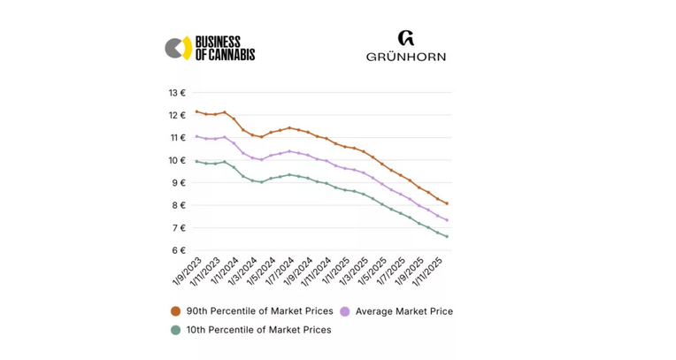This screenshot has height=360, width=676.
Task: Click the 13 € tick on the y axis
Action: coord(177,93)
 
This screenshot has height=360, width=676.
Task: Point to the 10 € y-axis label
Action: coord(177,160)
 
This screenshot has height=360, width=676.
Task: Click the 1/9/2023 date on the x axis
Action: coord(188,272)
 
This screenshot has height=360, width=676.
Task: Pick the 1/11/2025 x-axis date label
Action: coord(437,272)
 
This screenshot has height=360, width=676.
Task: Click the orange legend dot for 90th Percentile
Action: coord(175,311)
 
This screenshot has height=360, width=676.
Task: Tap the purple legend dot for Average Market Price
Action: coord(345,311)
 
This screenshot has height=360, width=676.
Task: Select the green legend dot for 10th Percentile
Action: coord(175,330)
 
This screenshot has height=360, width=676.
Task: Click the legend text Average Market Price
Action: coord(403,311)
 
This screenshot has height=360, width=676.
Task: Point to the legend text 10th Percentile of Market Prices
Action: coord(258,330)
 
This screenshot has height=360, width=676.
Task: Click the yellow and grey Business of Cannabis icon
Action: coord(178,48)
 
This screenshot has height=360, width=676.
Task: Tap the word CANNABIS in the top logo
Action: coord(231,55)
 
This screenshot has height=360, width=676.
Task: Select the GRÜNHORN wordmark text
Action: coord(406,57)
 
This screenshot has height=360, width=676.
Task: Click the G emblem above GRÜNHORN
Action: coord(406,38)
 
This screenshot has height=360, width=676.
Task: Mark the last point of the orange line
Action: coord(447,203)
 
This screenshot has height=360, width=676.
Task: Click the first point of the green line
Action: coord(196,161)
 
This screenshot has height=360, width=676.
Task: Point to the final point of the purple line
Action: coord(447,220)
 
